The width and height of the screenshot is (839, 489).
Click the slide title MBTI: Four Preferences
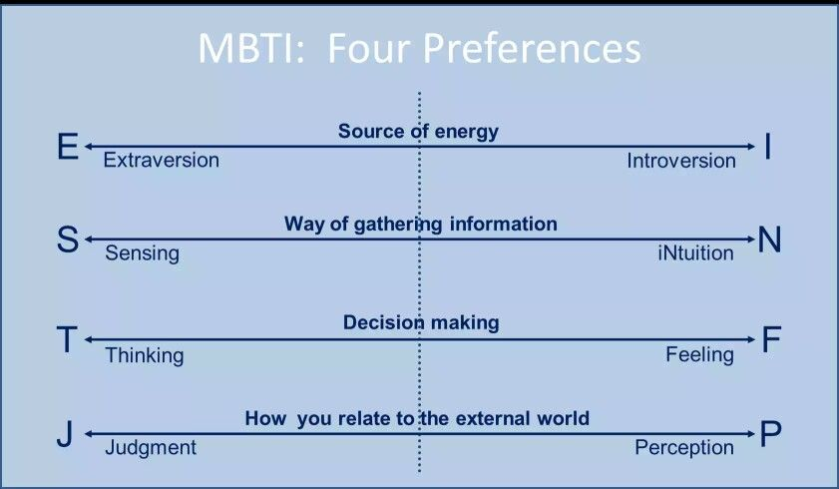point(419,49)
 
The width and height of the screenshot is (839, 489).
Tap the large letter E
point(67,148)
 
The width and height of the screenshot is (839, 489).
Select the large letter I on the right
point(768,148)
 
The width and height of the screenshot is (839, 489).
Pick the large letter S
point(67,241)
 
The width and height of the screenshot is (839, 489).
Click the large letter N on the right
point(769,241)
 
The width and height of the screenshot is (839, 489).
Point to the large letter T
point(66,340)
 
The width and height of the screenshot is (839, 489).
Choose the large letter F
point(770,340)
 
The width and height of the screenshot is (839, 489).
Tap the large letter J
point(64,435)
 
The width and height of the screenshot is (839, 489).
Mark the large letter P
point(770,435)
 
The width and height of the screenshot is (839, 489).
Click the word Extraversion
point(162,161)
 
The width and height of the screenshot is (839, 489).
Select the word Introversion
point(681,161)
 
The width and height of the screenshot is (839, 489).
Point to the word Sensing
point(143,253)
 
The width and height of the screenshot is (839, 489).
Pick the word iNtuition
point(695,253)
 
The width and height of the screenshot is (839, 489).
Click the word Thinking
point(145,355)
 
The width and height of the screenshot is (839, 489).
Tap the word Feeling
point(699,354)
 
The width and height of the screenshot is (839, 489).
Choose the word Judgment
point(151,448)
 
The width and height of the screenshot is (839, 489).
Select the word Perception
point(684,448)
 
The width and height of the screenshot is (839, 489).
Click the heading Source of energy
point(418,131)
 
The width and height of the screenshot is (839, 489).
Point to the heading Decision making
point(421,322)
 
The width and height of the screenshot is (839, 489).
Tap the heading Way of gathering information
point(420,224)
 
